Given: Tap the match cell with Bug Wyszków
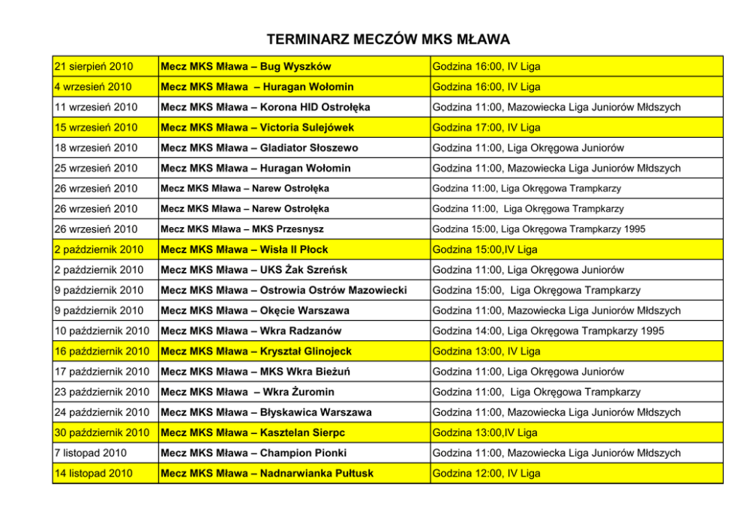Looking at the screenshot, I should (246, 67).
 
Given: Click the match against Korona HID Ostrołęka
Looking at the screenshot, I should (265, 107).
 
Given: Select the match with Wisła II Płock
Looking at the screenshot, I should (244, 250).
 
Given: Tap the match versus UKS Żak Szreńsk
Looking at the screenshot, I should (254, 270).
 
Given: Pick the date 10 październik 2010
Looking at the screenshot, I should (103, 330).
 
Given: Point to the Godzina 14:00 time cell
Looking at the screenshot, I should (548, 330).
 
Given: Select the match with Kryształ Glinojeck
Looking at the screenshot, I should (256, 351).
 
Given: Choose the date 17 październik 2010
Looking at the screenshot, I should (103, 372).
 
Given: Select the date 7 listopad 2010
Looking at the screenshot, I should (91, 453).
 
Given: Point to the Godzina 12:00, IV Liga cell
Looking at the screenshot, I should (486, 474).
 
